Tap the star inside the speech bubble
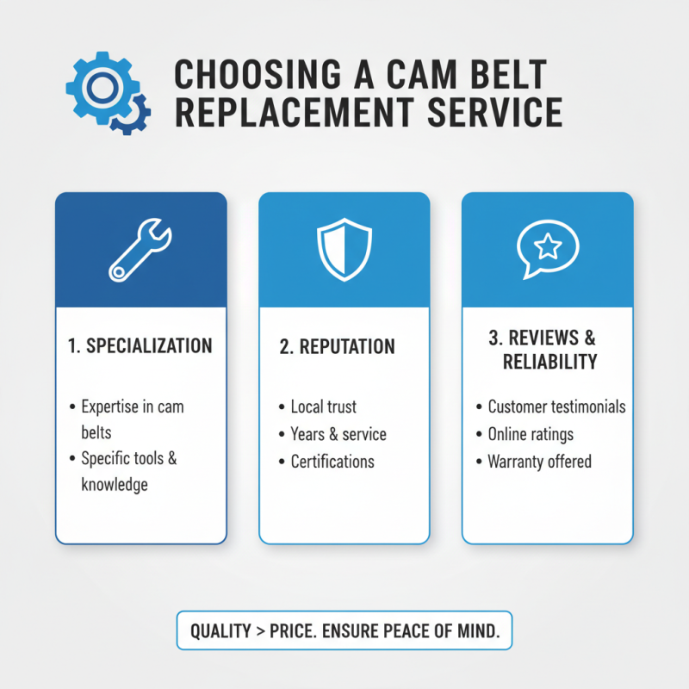tap(548, 248)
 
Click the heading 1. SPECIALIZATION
tap(140, 346)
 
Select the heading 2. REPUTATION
tap(337, 347)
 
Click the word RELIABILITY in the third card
tap(549, 361)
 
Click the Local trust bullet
tap(323, 407)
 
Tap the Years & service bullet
tap(338, 434)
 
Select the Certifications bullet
tap(332, 462)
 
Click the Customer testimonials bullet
tap(556, 407)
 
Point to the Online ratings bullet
tap(531, 434)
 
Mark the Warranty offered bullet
tap(539, 462)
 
